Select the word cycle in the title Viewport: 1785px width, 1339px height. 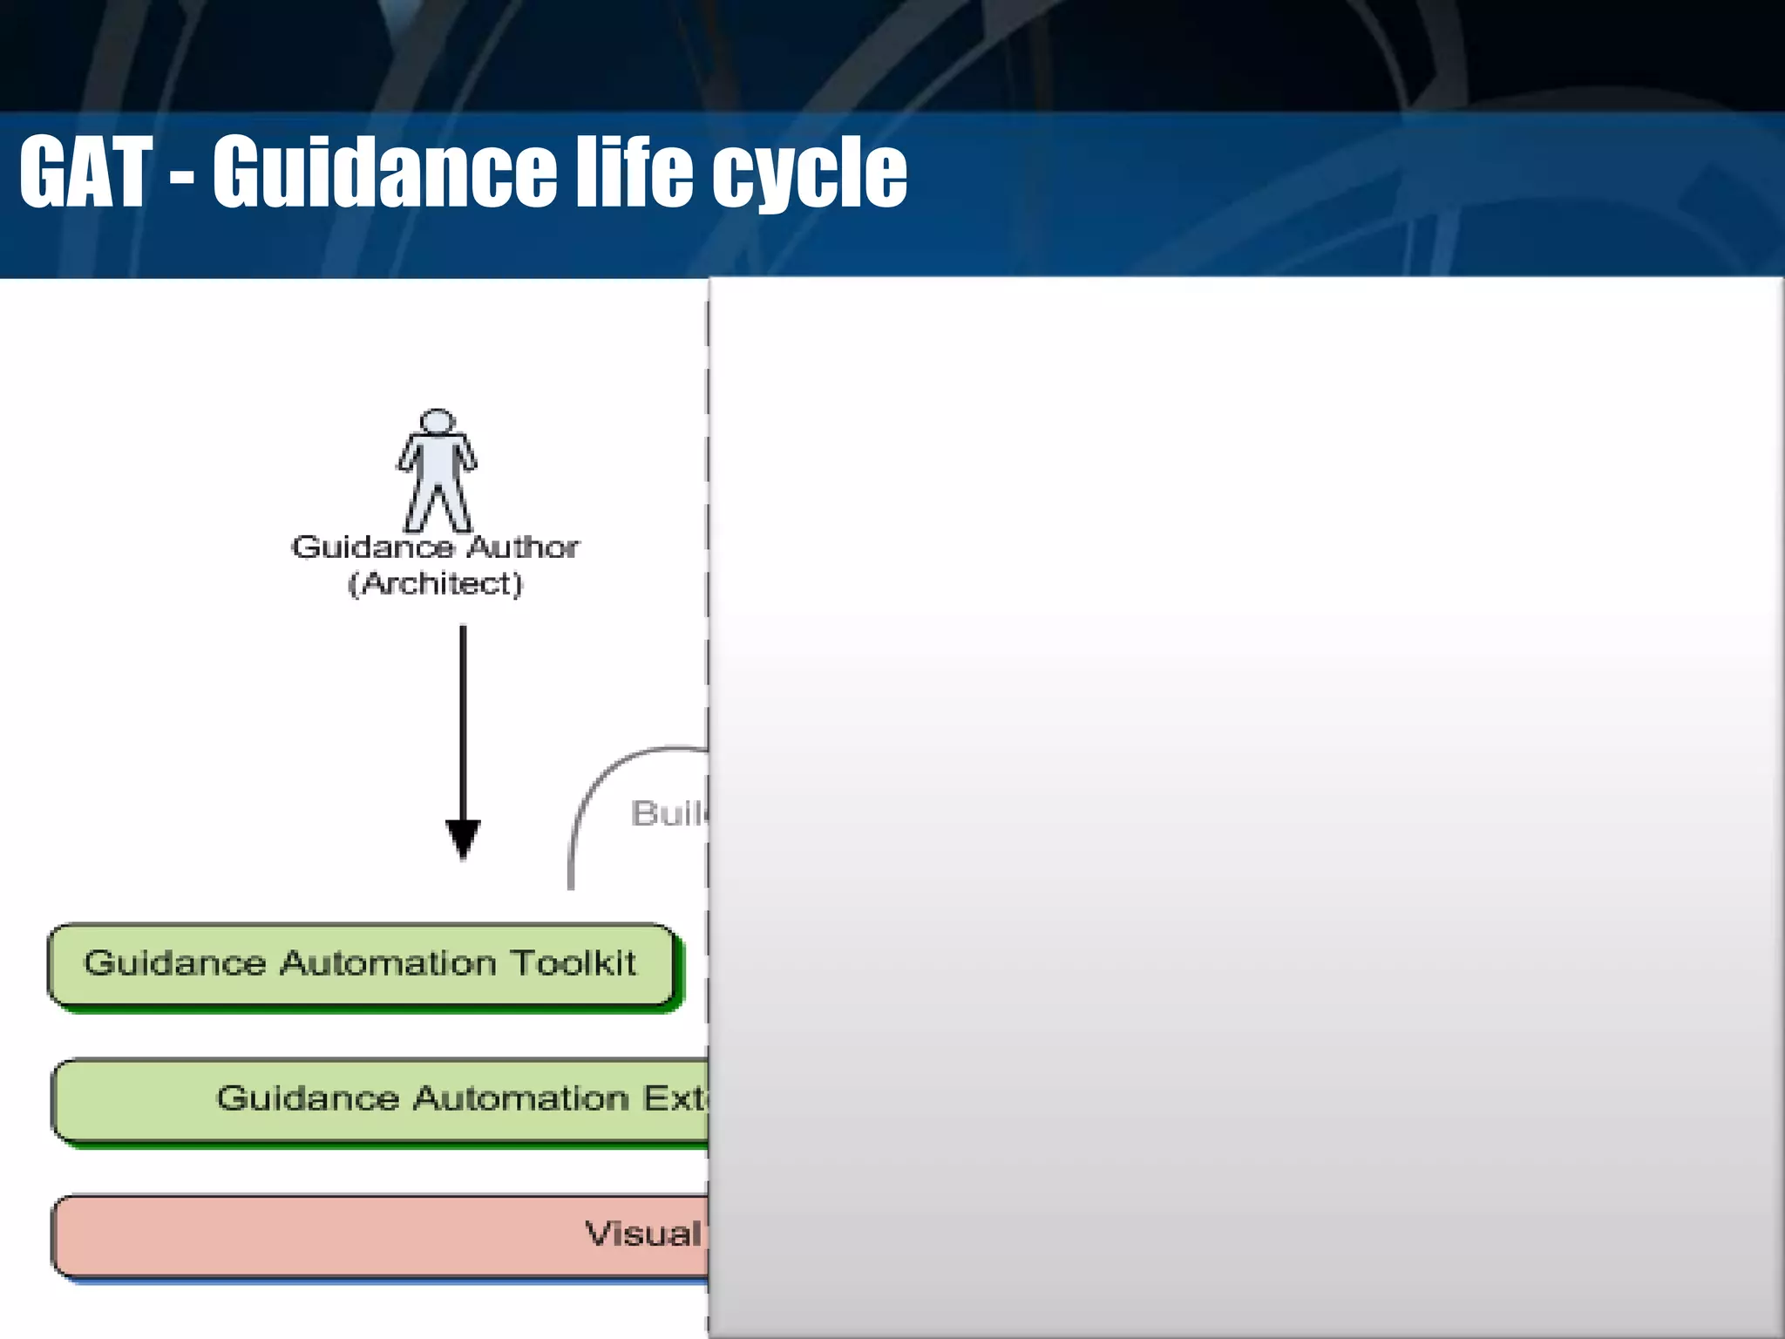pos(810,174)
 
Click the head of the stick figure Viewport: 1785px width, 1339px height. pos(437,420)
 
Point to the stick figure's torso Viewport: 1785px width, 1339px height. pos(437,462)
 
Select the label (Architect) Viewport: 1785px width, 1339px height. pos(435,583)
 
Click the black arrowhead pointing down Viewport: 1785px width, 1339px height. pos(463,838)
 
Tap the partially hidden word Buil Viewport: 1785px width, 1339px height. pos(669,813)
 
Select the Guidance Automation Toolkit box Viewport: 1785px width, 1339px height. pos(362,964)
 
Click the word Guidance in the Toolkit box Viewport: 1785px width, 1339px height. pos(174,963)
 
